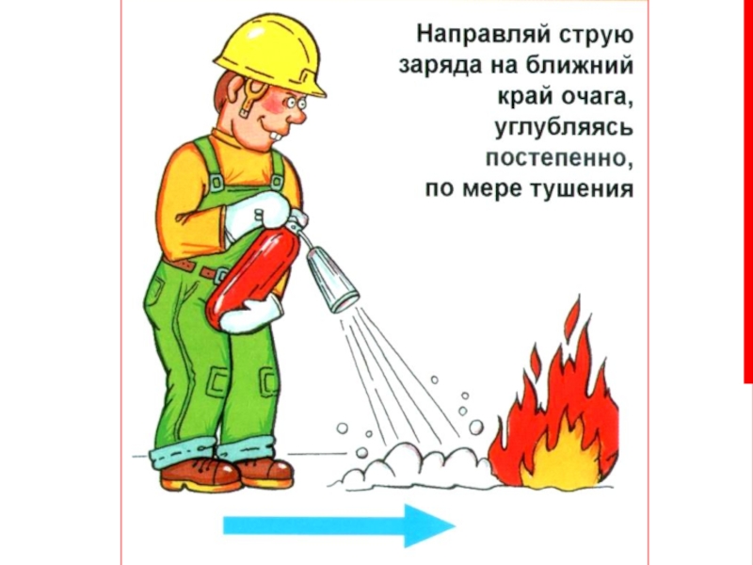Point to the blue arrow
[339, 525]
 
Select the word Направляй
[483, 36]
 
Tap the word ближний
[579, 65]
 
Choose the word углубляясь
[564, 128]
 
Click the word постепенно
[558, 158]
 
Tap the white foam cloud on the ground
[413, 466]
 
